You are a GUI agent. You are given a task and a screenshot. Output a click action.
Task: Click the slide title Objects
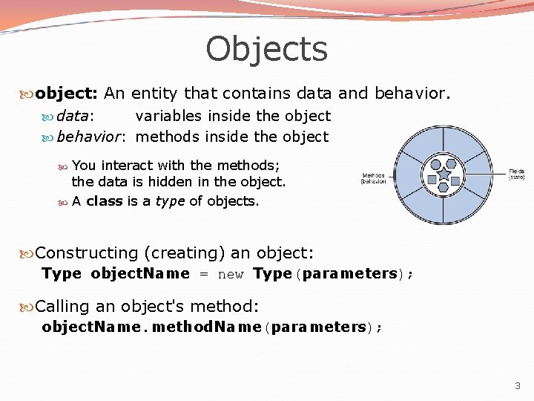[266, 49]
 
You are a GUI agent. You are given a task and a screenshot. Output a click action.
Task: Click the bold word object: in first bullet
[67, 94]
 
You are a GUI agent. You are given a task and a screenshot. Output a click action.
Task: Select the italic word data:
[75, 116]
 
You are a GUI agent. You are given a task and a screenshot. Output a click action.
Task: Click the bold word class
[104, 201]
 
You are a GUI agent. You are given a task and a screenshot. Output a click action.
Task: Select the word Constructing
[87, 253]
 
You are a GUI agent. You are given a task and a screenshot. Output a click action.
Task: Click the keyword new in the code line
[231, 274]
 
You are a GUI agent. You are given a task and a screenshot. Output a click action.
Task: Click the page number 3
[518, 385]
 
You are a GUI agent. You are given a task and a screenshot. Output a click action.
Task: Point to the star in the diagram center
[444, 175]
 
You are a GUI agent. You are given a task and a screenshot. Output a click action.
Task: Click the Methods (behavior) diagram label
[373, 178]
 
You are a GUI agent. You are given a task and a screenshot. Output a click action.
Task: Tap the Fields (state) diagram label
[516, 175]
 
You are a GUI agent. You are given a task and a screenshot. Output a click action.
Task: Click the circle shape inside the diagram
[436, 164]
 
